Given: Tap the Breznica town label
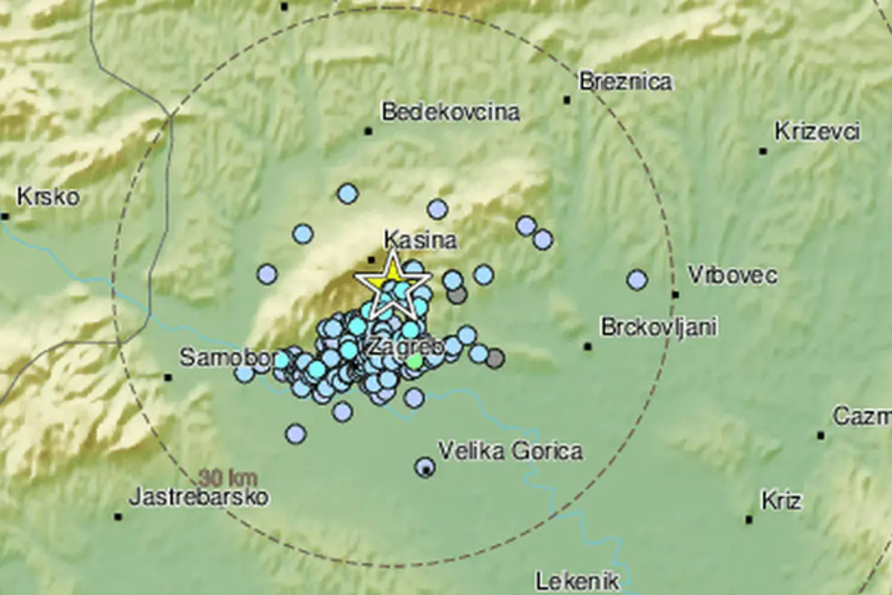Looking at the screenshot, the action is point(625,82).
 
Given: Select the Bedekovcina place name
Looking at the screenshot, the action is point(450,112).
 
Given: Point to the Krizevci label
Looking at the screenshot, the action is point(817,132).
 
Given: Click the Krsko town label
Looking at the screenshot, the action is point(47,197).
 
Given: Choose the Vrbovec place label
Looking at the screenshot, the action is point(732,275).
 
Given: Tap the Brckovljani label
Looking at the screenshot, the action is point(659,327).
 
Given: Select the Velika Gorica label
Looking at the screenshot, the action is point(510,451).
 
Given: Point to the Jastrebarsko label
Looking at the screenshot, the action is point(199,497).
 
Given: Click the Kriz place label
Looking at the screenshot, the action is point(780,501).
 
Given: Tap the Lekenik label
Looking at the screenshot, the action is point(577,580).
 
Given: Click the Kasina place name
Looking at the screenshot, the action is point(420,240).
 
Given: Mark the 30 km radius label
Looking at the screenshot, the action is point(228,479).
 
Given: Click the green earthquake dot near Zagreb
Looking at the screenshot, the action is point(415,361).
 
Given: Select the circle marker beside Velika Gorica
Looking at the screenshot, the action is point(425,467).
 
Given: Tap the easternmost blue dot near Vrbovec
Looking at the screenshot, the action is point(637,280).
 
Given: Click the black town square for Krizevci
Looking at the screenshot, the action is point(763,151).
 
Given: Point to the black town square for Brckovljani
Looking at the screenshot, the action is point(587,346).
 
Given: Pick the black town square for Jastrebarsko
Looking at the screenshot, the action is point(118,517).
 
